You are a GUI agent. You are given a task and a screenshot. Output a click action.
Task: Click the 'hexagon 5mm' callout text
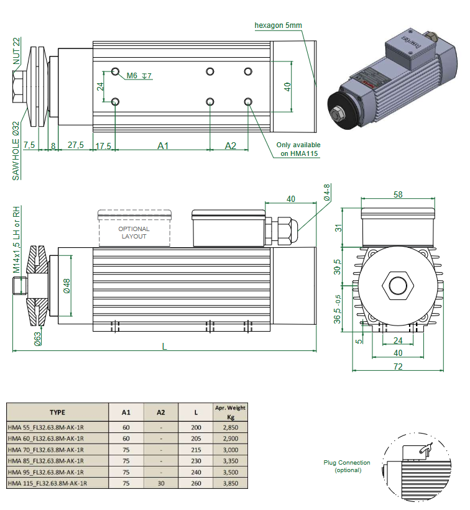coord(278,25)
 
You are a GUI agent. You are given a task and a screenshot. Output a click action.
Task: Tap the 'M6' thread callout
coord(132,76)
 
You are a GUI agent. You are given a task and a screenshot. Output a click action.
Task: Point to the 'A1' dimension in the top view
coord(163,145)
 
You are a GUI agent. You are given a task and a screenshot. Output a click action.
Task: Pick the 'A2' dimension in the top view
coord(231,145)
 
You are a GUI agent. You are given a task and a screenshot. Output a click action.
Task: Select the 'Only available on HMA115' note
coord(298,149)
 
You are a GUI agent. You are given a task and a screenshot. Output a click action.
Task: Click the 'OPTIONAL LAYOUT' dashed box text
coord(134,232)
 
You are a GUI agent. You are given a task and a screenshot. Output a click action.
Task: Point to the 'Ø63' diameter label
coord(37,339)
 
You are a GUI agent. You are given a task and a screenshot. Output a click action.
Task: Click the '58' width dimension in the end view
coord(398,195)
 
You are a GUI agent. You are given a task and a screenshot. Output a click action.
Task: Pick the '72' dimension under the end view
coord(398,367)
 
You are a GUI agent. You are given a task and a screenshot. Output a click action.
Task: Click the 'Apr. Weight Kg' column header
coord(230,412)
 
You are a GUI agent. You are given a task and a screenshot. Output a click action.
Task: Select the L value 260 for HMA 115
coord(196,483)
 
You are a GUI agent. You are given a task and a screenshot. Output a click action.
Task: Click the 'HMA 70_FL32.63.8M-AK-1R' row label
coord(46,449)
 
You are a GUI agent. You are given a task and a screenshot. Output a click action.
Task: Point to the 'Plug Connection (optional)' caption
coord(346,466)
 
